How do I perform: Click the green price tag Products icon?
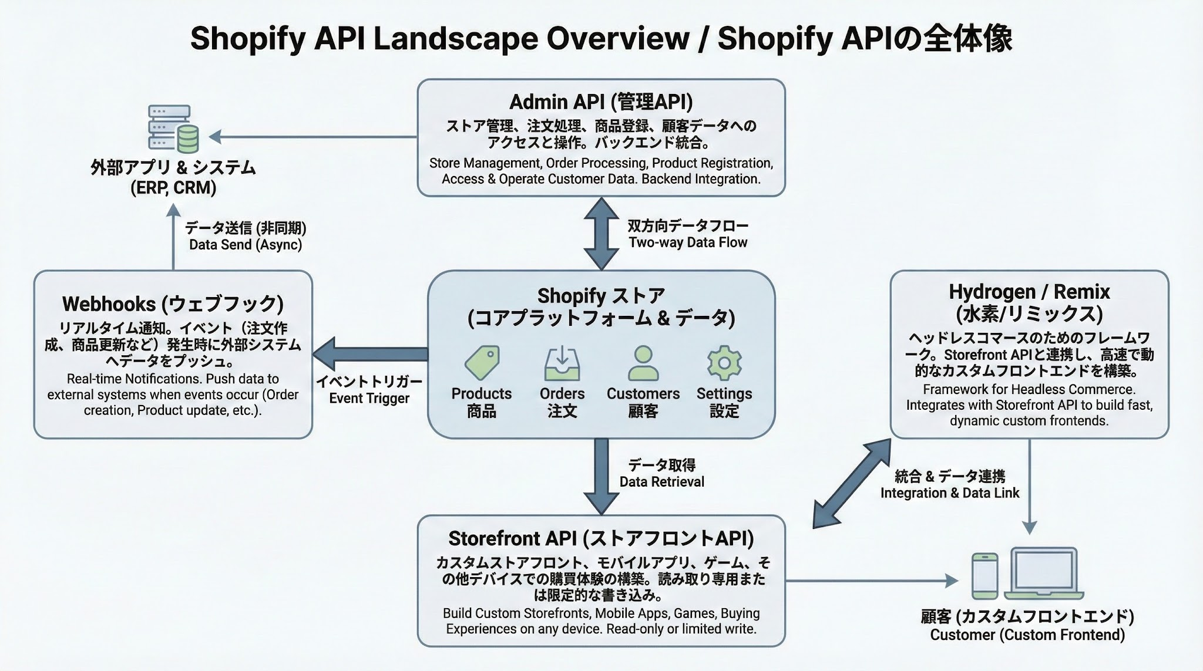(x=482, y=362)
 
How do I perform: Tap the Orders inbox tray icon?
(x=562, y=363)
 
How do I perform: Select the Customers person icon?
(x=643, y=363)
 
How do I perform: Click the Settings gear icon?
(x=724, y=363)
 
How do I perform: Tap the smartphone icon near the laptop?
(x=984, y=575)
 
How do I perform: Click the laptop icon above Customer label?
(x=1044, y=573)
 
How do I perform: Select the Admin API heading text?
(x=601, y=102)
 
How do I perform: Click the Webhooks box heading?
(x=173, y=304)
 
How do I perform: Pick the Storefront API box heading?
(x=601, y=538)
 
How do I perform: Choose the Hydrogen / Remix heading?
(x=1029, y=292)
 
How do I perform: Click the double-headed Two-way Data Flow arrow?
(x=601, y=234)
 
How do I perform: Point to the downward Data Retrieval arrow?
(x=601, y=476)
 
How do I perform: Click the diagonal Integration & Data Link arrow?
(x=852, y=483)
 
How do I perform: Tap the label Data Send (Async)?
(x=245, y=245)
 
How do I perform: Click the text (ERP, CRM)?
(x=173, y=188)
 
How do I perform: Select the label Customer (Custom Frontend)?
(x=1027, y=635)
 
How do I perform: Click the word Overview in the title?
(x=617, y=39)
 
